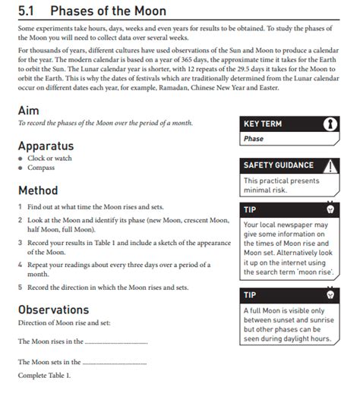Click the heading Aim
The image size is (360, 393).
(28, 110)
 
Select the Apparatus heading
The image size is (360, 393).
(46, 145)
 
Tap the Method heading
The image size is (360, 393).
(37, 190)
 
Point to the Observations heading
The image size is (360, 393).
(53, 310)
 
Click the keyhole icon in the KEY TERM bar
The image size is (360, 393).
(329, 124)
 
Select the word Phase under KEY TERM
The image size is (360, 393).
(254, 140)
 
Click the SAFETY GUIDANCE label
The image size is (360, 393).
(279, 165)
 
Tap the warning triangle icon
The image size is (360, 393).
(330, 165)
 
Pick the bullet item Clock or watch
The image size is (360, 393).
(49, 158)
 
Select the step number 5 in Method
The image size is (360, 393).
(19, 288)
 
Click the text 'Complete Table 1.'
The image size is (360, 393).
(44, 376)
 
